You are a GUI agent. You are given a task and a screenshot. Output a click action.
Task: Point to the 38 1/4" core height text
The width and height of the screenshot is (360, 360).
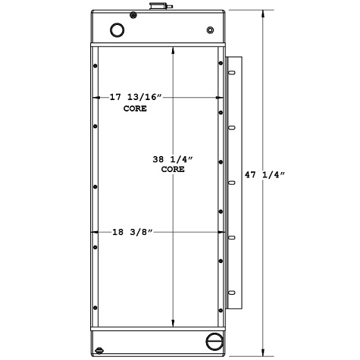point(174,159)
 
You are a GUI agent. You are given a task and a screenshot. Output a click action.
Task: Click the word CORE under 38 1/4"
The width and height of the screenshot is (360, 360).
point(173,170)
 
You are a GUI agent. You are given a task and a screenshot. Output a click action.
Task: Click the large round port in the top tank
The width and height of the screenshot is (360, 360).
point(117,30)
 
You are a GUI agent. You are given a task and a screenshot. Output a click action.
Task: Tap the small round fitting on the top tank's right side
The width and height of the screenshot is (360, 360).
point(210,31)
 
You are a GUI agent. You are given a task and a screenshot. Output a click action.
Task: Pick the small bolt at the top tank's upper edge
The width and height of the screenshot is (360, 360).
point(133,14)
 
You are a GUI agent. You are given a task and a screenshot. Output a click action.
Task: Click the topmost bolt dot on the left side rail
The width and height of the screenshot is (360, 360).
point(95,67)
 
